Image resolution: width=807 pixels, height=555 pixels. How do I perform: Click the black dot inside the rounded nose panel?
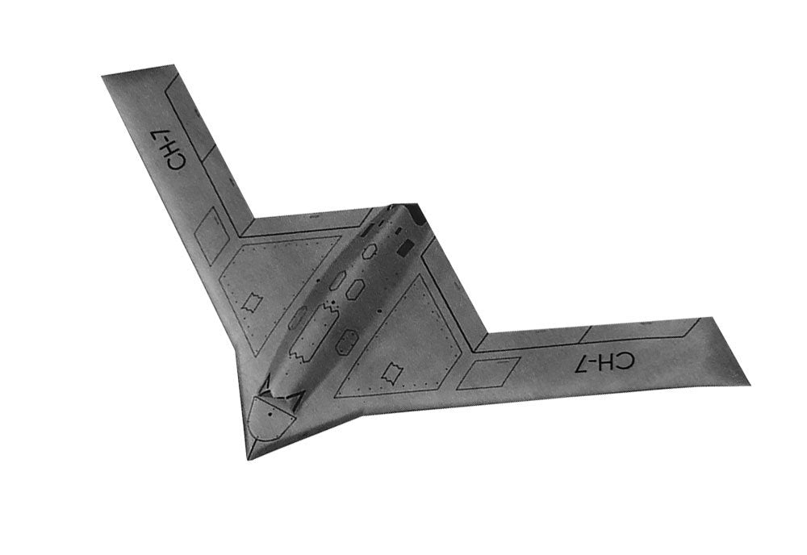(270, 413)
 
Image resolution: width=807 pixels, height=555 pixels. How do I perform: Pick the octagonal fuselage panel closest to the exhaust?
(370, 252)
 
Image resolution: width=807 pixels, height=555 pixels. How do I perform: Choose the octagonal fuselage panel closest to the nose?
(347, 343)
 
